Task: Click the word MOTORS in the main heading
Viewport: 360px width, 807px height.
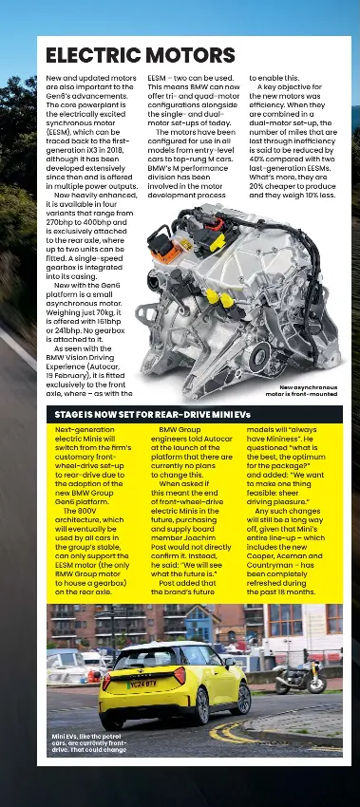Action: (x=186, y=55)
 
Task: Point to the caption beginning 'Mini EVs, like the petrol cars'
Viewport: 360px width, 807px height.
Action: (x=87, y=742)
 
